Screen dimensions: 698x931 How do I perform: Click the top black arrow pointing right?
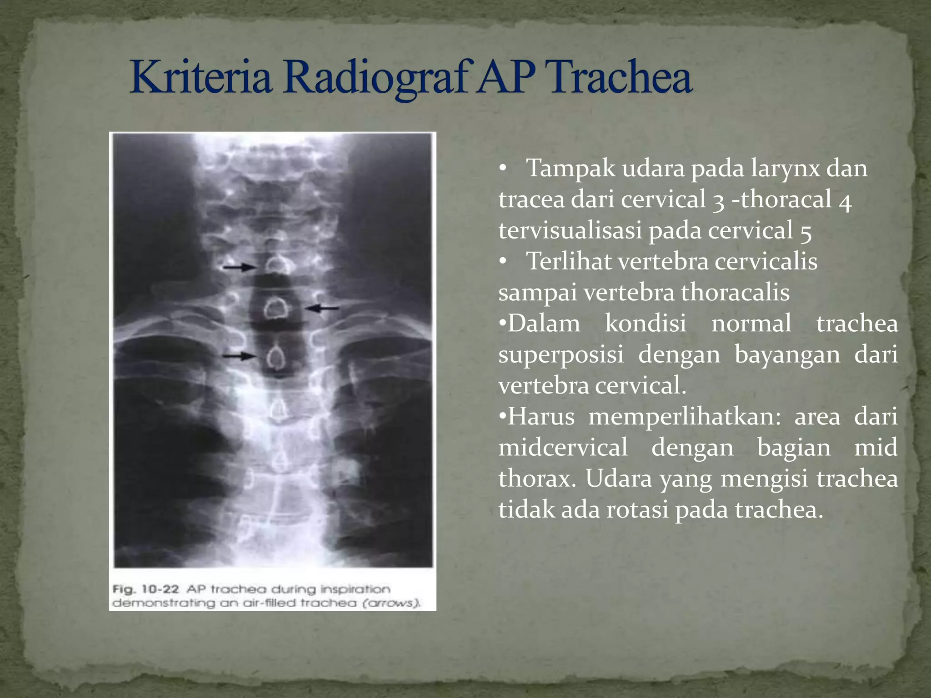(240, 267)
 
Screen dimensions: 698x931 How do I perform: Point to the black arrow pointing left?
(322, 308)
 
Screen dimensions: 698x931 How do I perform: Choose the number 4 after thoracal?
(845, 199)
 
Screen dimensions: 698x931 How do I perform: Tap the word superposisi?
(561, 354)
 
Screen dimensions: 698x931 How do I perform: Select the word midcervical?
(563, 448)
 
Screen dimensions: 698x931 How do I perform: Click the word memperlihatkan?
(685, 417)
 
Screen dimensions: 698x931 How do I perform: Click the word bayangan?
(787, 354)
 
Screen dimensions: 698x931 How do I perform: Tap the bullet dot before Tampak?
(502, 169)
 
